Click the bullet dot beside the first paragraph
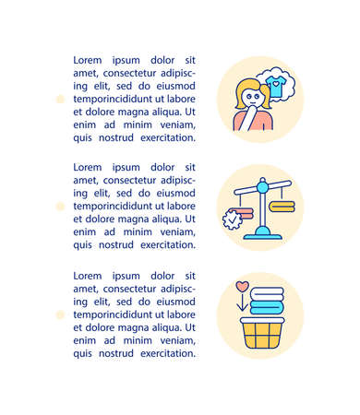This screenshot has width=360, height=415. pyautogui.click(x=60, y=98)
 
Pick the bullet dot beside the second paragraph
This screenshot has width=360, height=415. pyautogui.click(x=60, y=206)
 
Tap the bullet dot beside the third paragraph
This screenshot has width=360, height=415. pyautogui.click(x=60, y=314)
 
